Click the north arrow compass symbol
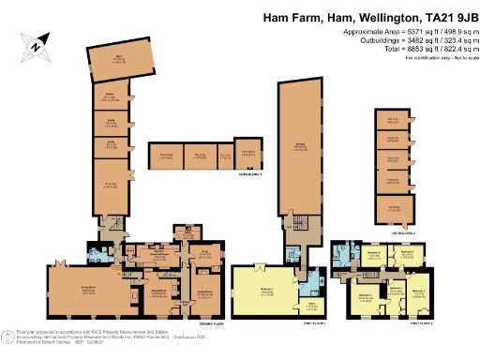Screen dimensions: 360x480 pyautogui.click(x=35, y=44)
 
